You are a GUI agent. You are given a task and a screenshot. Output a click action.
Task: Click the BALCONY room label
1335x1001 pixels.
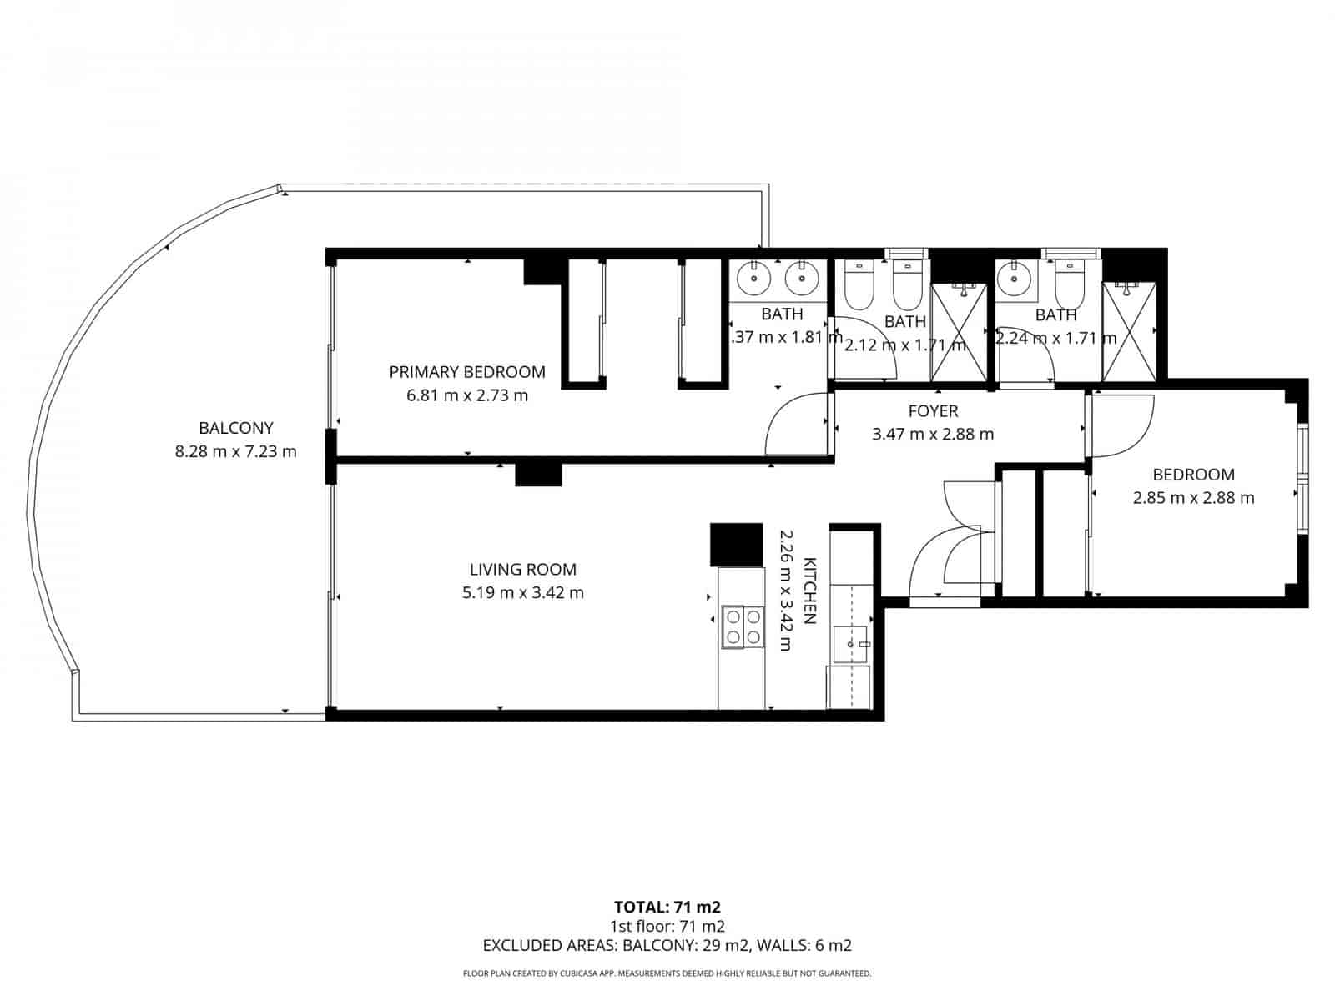point(235,429)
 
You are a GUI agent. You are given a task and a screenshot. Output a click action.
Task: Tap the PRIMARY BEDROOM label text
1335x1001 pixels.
point(467,372)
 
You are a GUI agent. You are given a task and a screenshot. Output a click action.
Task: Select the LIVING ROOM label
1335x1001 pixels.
point(522,570)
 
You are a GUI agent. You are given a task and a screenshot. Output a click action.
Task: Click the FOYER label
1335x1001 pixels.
point(933,411)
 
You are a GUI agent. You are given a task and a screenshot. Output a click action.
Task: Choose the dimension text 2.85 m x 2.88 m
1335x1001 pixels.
point(1193,498)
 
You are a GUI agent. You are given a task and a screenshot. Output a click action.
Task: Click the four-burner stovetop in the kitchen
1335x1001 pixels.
point(743,626)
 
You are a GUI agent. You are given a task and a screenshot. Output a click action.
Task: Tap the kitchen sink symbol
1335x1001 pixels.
point(851,644)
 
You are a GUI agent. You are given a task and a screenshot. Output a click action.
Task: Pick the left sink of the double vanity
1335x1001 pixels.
point(755,278)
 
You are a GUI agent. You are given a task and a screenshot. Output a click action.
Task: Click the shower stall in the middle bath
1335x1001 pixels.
point(959,331)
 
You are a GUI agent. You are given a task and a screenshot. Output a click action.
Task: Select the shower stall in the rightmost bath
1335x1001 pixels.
point(1128,331)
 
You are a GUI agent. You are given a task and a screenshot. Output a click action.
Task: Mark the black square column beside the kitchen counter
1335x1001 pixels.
point(736,545)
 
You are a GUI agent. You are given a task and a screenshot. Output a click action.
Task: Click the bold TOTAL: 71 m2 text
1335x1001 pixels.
point(667,907)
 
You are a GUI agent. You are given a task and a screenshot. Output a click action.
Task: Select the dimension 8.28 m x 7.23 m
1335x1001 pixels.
point(235,452)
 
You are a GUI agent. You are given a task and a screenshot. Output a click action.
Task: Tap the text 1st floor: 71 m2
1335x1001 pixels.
point(667,926)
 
